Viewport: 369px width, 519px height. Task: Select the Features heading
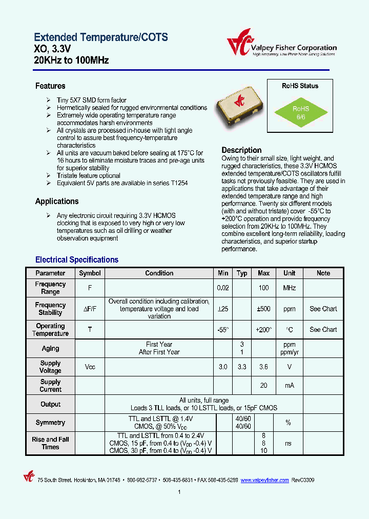50,86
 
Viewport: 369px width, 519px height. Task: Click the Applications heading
57,202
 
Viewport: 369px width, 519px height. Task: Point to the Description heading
241,150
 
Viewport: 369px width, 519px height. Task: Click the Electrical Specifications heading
77,260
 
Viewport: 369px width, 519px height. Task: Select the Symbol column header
90,273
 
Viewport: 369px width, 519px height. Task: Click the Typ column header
242,273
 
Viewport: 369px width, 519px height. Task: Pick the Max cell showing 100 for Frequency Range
263,288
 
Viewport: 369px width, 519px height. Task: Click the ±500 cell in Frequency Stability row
263,309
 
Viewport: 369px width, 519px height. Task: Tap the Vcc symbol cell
90,367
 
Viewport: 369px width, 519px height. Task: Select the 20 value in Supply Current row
263,386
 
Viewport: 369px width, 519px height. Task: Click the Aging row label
50,349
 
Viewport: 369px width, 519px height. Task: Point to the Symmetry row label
50,423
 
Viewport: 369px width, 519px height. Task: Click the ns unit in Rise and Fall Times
289,443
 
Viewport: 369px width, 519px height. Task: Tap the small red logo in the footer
29,477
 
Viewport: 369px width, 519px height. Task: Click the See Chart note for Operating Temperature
323,330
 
